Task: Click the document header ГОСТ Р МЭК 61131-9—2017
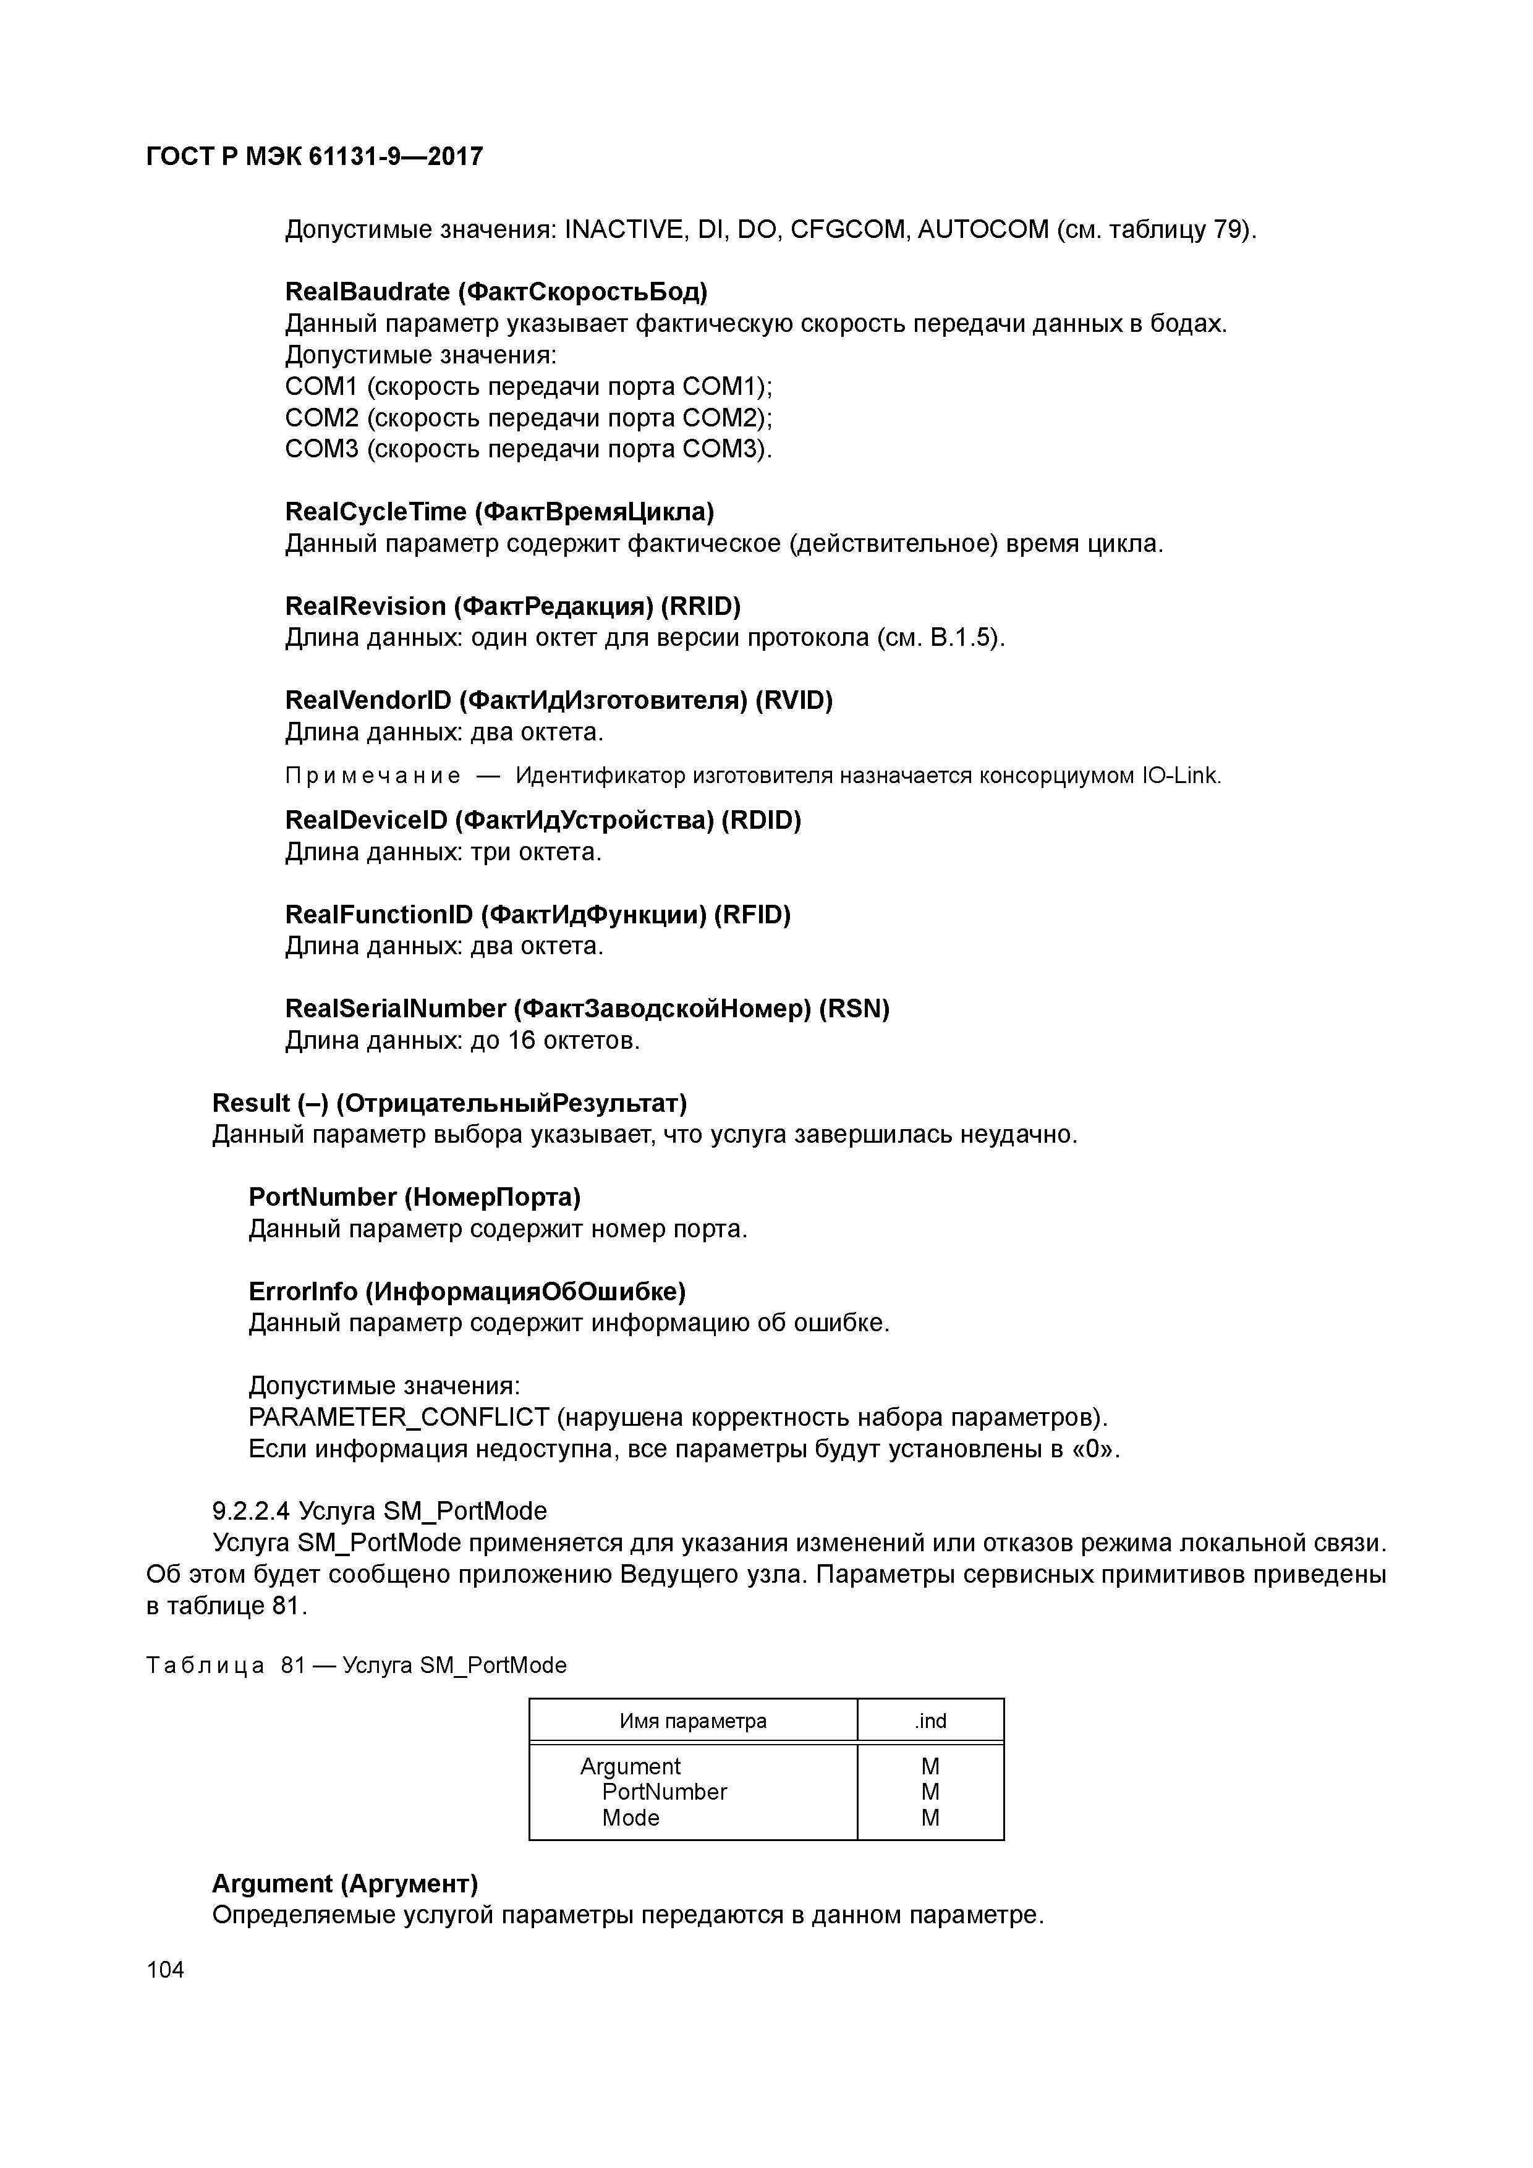click(x=315, y=157)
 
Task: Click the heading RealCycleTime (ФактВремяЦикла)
click(x=499, y=512)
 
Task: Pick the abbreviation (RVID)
click(x=794, y=701)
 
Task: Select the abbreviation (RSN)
click(x=854, y=1009)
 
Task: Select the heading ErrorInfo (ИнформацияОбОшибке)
click(x=467, y=1291)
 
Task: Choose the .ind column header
click(x=930, y=1721)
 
